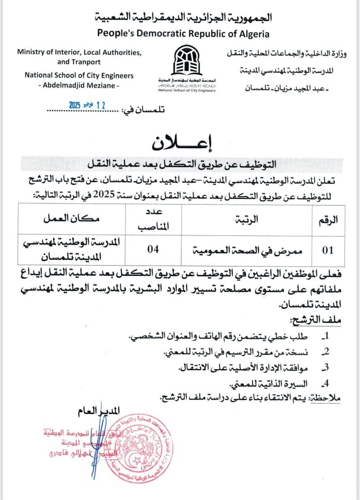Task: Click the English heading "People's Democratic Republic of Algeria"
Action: pyautogui.click(x=183, y=33)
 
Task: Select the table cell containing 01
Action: pyautogui.click(x=328, y=250)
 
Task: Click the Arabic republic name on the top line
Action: pyautogui.click(x=183, y=18)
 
